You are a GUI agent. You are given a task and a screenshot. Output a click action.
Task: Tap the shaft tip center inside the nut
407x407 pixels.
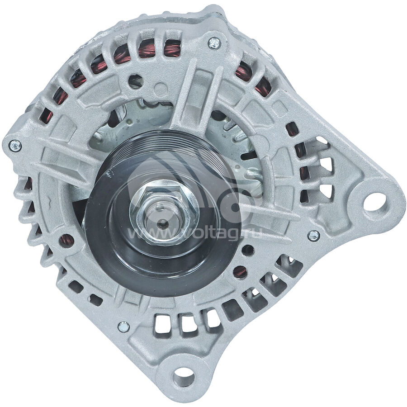[x=163, y=223]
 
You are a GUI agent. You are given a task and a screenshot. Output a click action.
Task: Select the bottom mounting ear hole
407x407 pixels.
[x=183, y=376]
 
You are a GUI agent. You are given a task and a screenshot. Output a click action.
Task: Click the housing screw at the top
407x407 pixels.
[x=214, y=43]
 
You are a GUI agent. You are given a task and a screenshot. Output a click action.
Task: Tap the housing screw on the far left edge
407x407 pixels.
[x=14, y=146]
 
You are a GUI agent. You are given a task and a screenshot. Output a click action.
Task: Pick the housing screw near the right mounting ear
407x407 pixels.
[x=313, y=235]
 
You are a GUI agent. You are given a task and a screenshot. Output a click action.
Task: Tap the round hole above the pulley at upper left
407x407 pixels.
[x=135, y=82]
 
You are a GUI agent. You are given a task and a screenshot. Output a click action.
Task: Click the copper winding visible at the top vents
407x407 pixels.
[x=147, y=50]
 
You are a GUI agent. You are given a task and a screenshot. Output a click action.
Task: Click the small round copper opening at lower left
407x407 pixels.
[x=66, y=241]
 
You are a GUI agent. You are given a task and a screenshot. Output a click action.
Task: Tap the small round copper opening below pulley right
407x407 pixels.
[x=240, y=271]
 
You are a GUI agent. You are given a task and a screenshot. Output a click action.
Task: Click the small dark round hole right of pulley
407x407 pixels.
[x=248, y=250]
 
